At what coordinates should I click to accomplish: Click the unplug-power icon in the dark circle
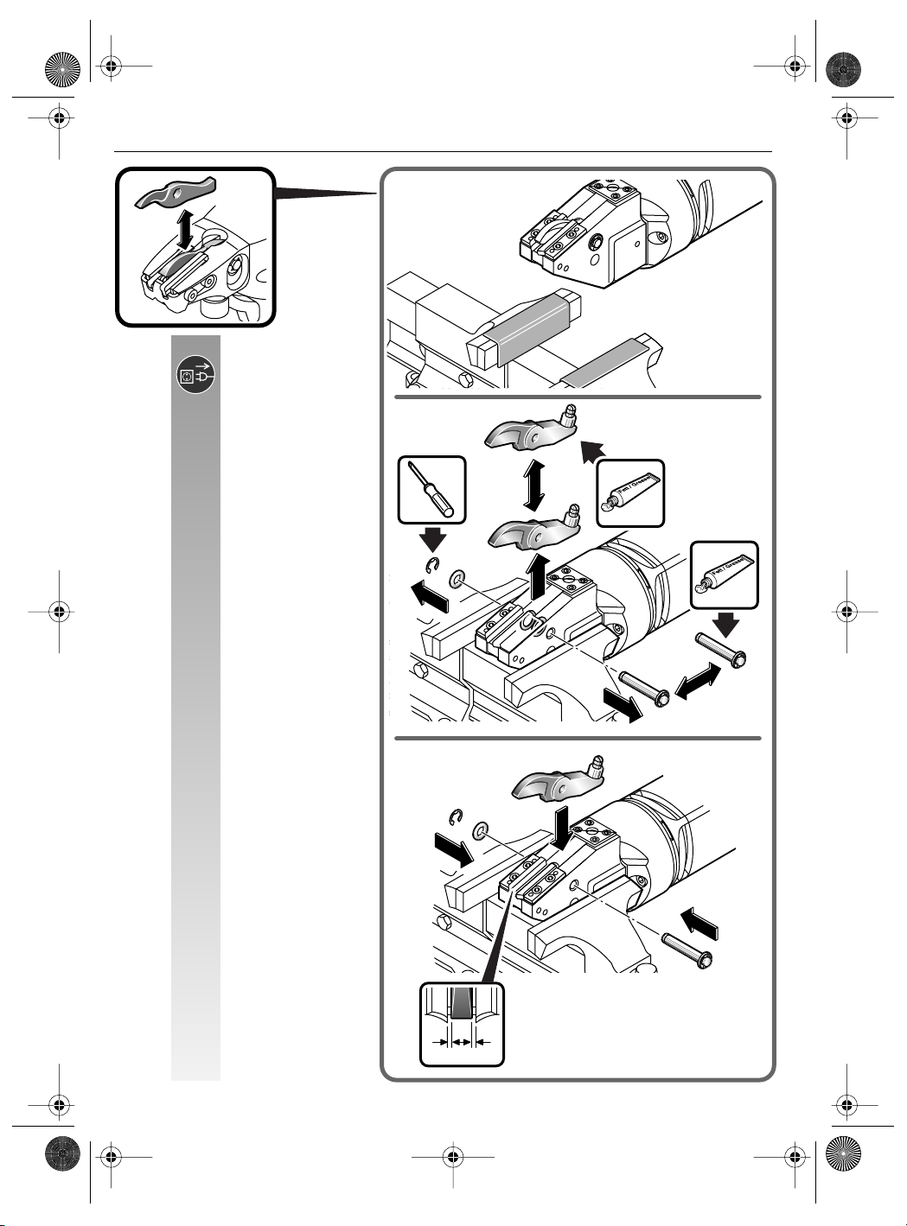click(x=196, y=376)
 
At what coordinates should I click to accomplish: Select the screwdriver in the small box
click(x=432, y=491)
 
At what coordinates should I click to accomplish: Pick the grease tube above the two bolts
click(x=725, y=575)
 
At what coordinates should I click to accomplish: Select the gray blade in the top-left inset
click(x=176, y=194)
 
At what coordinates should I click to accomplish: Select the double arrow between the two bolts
click(x=696, y=680)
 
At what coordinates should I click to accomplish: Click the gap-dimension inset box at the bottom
click(x=461, y=1024)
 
